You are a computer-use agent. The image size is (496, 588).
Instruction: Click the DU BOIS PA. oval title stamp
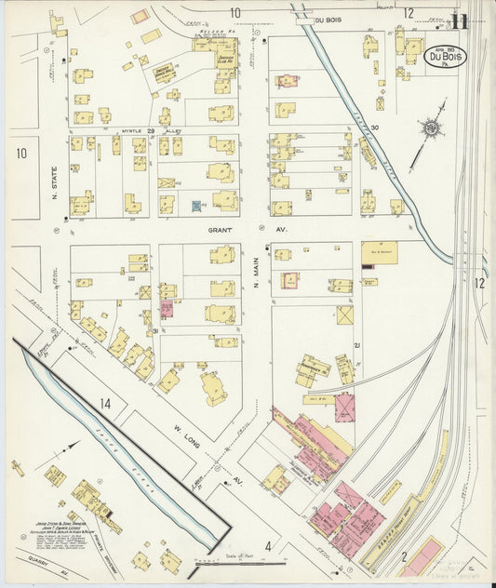(x=447, y=58)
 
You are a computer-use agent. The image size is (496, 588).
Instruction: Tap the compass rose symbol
(x=431, y=129)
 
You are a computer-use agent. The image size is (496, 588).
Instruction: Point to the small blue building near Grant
(x=195, y=206)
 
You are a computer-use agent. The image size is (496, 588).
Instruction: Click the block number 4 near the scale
(x=267, y=546)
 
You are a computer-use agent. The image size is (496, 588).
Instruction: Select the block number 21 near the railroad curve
(x=356, y=345)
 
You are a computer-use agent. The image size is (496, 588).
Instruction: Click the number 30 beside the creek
(x=375, y=128)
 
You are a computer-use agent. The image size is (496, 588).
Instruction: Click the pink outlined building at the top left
(x=140, y=16)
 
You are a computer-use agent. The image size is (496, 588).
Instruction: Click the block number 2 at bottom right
(x=404, y=555)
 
